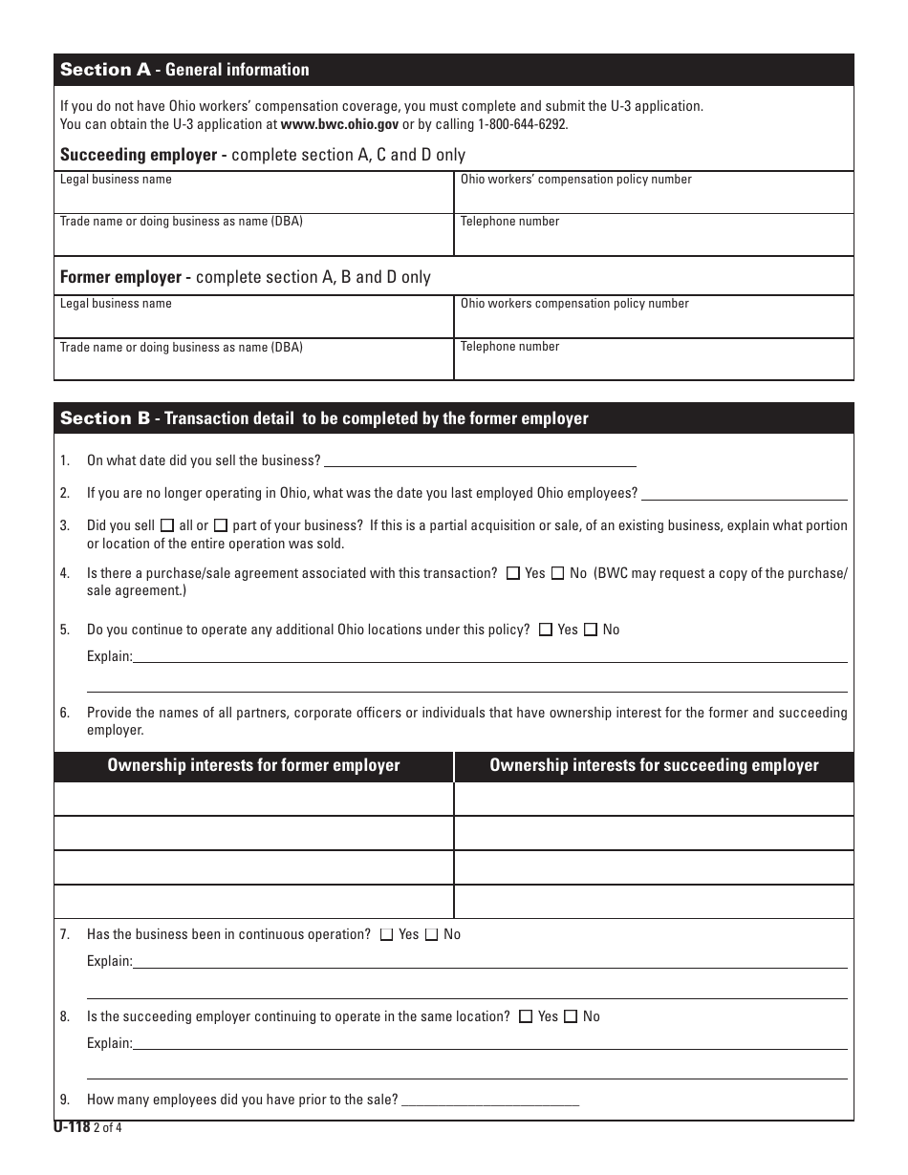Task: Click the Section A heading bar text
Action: point(184,70)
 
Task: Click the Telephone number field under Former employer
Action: point(653,362)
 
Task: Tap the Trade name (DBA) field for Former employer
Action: point(253,363)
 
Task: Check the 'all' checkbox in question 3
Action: point(168,525)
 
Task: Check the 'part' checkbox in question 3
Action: point(221,525)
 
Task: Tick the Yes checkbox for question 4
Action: point(513,573)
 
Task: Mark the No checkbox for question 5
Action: point(591,630)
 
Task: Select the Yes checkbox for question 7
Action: point(387,935)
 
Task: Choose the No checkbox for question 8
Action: point(571,1017)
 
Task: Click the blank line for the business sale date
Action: point(480,460)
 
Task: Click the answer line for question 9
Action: point(490,1100)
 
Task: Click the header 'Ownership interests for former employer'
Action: point(253,765)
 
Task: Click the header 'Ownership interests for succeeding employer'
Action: point(654,765)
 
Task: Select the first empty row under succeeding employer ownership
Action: point(654,799)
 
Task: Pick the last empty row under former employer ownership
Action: point(253,902)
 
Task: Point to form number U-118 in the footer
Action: point(72,1127)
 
